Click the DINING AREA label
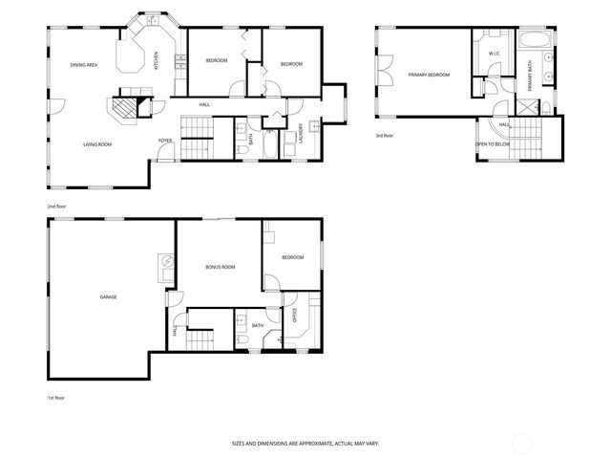[84, 64]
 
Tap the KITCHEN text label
[157, 61]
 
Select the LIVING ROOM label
[97, 143]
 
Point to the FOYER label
[165, 142]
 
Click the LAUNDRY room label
[302, 133]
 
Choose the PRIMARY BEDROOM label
[429, 75]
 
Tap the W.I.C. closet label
[495, 54]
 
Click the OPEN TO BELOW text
[494, 144]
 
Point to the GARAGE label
[108, 297]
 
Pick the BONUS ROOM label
[220, 267]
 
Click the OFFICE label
[294, 317]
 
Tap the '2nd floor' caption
[58, 206]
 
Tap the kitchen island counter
[131, 55]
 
